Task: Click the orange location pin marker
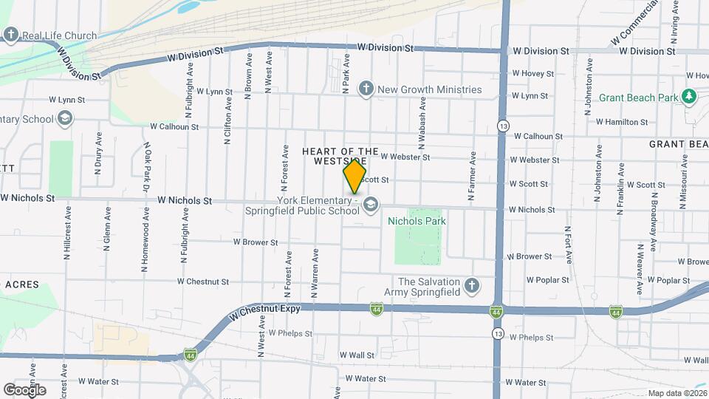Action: [354, 177]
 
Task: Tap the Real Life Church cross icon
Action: [10, 35]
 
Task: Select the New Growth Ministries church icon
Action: [365, 89]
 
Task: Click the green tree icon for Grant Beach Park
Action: [689, 97]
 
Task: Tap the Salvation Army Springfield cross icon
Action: [471, 284]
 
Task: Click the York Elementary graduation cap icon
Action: [371, 203]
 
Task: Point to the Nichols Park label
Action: [417, 220]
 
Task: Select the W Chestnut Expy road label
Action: [259, 313]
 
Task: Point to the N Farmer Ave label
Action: [471, 177]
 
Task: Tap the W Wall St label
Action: [357, 355]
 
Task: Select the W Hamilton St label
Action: [622, 122]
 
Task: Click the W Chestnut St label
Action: [203, 282]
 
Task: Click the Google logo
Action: [25, 389]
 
